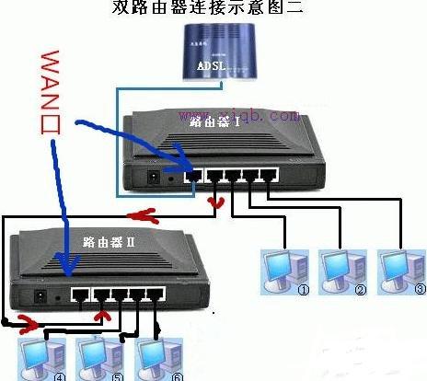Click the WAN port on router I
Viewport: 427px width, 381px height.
[x=193, y=175]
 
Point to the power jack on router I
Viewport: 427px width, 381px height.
[x=151, y=176]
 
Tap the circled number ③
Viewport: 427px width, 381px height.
[x=421, y=289]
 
